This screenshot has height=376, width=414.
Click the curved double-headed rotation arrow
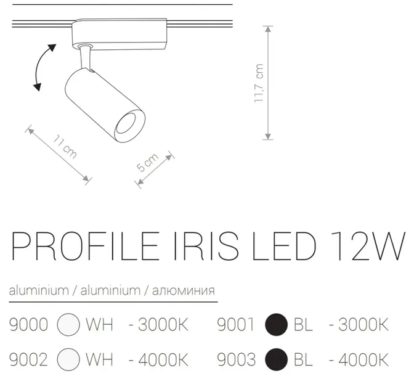[x=43, y=68]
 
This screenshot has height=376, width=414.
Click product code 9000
[x=29, y=324]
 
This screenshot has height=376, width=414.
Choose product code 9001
[x=236, y=324]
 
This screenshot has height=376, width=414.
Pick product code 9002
[x=29, y=358]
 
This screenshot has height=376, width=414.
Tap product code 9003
[x=236, y=358]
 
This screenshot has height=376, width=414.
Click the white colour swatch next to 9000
[x=68, y=325]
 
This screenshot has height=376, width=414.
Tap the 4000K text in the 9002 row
[x=158, y=358]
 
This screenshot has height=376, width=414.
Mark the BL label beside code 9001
[x=303, y=324]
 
